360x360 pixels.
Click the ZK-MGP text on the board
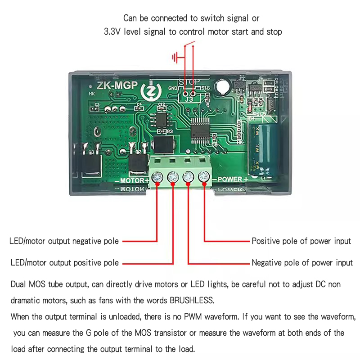point(114,86)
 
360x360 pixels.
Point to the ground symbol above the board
point(176,57)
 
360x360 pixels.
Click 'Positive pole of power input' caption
point(301,241)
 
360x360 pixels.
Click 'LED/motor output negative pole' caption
point(64,241)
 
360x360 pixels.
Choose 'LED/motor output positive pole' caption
point(65,262)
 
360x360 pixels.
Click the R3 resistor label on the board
point(169,131)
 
